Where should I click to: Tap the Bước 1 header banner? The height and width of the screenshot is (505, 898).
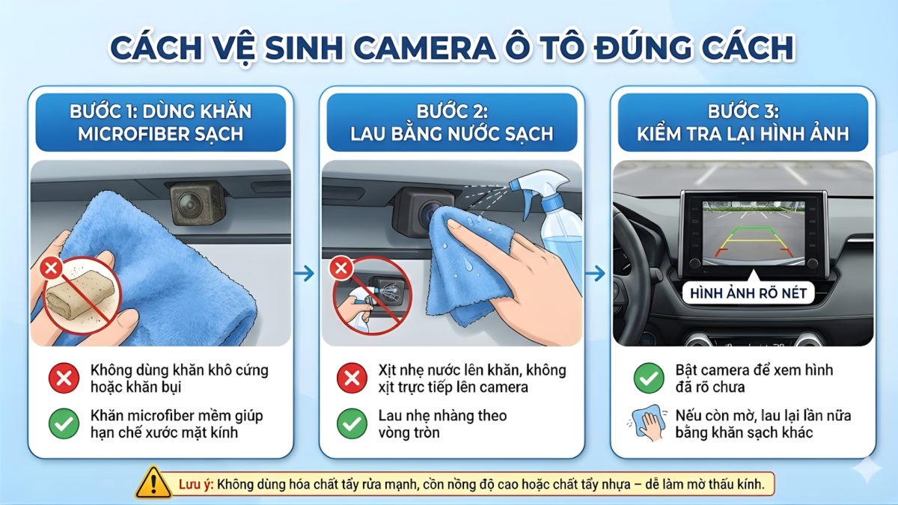160,123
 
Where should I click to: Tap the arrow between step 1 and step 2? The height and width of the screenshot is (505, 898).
304,274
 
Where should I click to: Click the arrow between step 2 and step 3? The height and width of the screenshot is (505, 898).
595,274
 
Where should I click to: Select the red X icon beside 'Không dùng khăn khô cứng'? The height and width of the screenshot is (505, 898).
64,378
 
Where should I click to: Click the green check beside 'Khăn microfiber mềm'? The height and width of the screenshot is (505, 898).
64,423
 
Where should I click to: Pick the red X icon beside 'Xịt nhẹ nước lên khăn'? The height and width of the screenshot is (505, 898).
352,378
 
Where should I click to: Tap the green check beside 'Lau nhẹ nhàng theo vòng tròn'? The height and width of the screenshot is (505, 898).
352,423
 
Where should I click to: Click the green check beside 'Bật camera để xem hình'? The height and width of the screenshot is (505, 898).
648,378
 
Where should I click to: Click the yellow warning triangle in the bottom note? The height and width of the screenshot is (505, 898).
153,483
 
